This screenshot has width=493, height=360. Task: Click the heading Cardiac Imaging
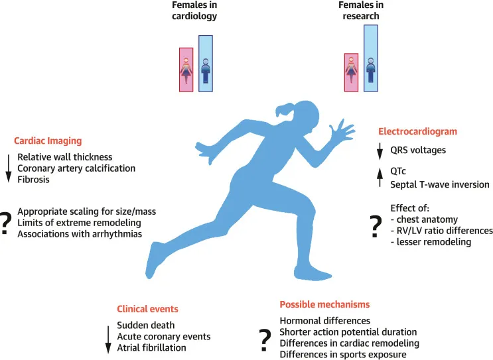coord(48,141)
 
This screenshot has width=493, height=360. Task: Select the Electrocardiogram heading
coord(417,131)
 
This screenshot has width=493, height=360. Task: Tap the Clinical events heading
coord(147,309)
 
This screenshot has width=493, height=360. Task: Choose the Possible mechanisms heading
coord(324,304)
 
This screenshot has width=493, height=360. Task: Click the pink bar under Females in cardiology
coord(186,70)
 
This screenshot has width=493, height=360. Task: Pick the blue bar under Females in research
coord(371,58)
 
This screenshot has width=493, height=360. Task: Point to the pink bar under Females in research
coord(351,72)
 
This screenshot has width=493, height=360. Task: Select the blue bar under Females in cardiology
coord(206,64)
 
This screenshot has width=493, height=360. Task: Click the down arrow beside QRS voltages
coord(380,151)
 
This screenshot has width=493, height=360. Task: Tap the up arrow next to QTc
coord(380,178)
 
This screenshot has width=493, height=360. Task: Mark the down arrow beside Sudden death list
coord(108,339)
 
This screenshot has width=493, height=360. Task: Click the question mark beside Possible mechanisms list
coord(265,340)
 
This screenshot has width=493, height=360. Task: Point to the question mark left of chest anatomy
coord(376,227)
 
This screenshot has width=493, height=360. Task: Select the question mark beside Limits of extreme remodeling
coord(5,223)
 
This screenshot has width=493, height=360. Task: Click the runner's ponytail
coord(285,111)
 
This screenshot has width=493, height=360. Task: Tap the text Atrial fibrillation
coord(151,347)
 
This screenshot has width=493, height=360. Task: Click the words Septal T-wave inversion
coord(440,184)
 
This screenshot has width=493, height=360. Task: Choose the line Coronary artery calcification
coord(76,168)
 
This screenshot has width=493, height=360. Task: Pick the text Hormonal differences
coord(324,321)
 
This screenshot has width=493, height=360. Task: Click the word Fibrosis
coord(33,180)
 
